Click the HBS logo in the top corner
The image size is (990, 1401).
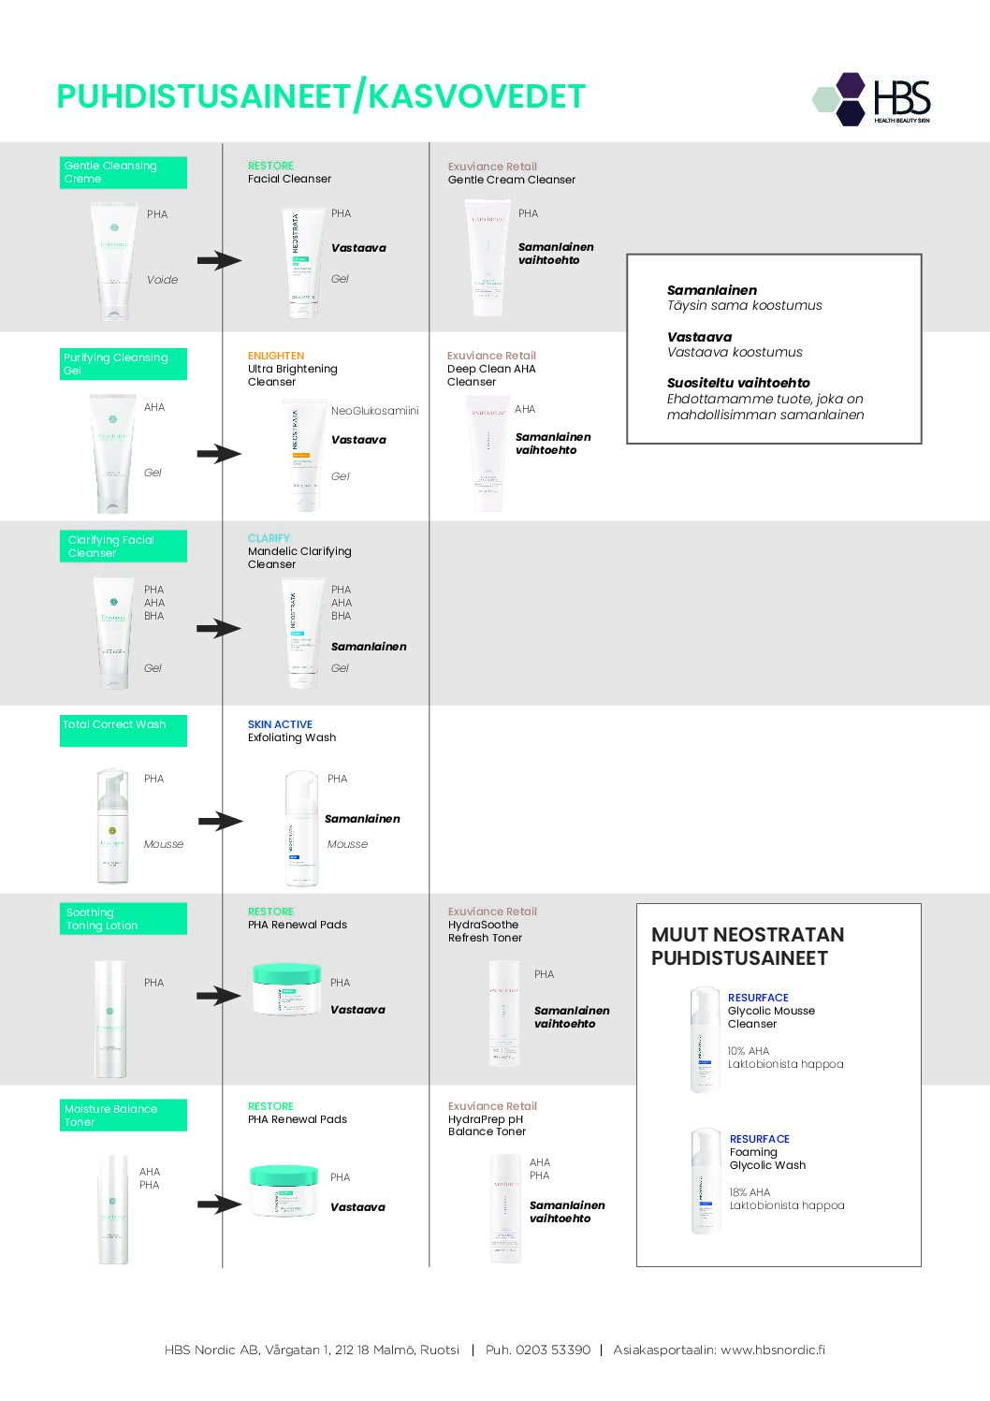tap(872, 99)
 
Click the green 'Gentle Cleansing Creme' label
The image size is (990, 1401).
tap(123, 172)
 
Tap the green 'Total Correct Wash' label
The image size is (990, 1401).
tap(123, 730)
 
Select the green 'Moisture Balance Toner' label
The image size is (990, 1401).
tap(123, 1115)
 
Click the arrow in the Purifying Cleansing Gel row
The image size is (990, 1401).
tap(219, 454)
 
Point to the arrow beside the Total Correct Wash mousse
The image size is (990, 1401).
tap(220, 822)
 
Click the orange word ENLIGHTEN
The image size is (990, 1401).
tap(276, 356)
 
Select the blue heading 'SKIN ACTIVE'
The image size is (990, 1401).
tap(280, 724)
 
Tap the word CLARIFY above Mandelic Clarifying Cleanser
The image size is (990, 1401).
tap(269, 538)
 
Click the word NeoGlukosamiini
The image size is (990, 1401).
tap(374, 411)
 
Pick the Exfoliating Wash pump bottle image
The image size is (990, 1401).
tap(301, 827)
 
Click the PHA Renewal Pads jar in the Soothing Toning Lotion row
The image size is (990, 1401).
tap(287, 988)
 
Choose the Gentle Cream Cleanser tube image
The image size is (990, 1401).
tap(488, 258)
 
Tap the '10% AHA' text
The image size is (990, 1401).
tap(749, 1051)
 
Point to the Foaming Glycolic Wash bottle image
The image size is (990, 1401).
tap(706, 1181)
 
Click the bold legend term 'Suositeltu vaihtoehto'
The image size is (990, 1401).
tap(738, 383)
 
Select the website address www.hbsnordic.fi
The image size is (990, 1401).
tap(772, 1350)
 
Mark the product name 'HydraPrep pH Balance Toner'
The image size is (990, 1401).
tap(487, 1125)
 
